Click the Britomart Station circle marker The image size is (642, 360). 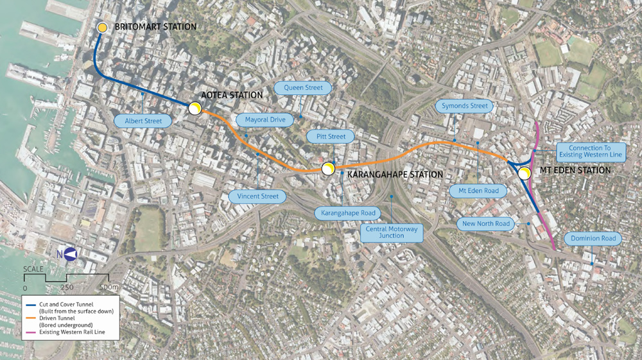[x=103, y=28]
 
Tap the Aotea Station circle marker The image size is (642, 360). [x=195, y=109]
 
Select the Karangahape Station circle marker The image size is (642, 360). [x=328, y=169]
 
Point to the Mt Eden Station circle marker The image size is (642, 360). [x=525, y=171]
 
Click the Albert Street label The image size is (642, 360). [x=143, y=121]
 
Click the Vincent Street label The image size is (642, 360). [x=257, y=196]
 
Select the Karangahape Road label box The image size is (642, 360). [x=347, y=212]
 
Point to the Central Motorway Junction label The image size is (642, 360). [x=392, y=232]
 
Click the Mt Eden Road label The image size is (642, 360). [x=478, y=191]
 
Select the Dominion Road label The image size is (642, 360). [x=593, y=239]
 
